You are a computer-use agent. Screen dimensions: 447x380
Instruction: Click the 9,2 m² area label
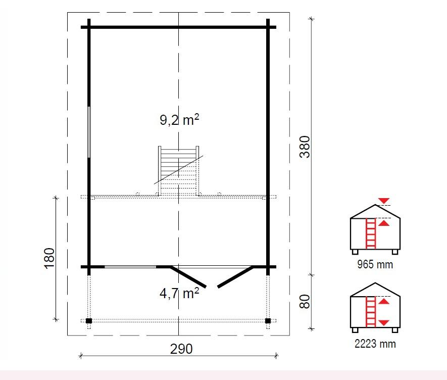(179, 120)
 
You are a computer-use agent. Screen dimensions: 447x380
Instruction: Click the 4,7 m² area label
(179, 293)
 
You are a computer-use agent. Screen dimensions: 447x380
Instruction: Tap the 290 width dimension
(181, 349)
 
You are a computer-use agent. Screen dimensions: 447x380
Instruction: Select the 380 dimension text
(305, 147)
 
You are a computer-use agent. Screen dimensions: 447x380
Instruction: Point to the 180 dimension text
(49, 258)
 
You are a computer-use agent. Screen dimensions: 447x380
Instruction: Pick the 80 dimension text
(305, 302)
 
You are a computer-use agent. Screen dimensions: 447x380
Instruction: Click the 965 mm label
(375, 264)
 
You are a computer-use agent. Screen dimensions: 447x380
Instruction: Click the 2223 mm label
(375, 344)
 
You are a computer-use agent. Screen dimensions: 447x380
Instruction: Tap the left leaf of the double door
(188, 277)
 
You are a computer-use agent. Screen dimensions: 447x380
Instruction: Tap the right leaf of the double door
(235, 277)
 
